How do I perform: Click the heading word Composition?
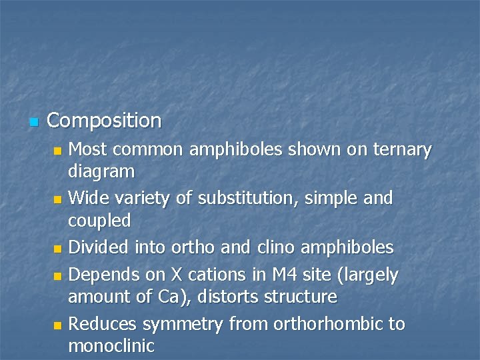(x=104, y=121)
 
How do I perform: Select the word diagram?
(x=101, y=172)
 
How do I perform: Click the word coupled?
(x=99, y=220)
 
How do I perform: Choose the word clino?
(x=275, y=247)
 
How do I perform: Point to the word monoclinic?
(x=111, y=346)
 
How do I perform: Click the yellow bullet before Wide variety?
(x=59, y=199)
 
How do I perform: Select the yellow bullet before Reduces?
(x=59, y=325)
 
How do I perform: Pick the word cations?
(x=207, y=274)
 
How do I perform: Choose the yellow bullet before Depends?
(x=59, y=275)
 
